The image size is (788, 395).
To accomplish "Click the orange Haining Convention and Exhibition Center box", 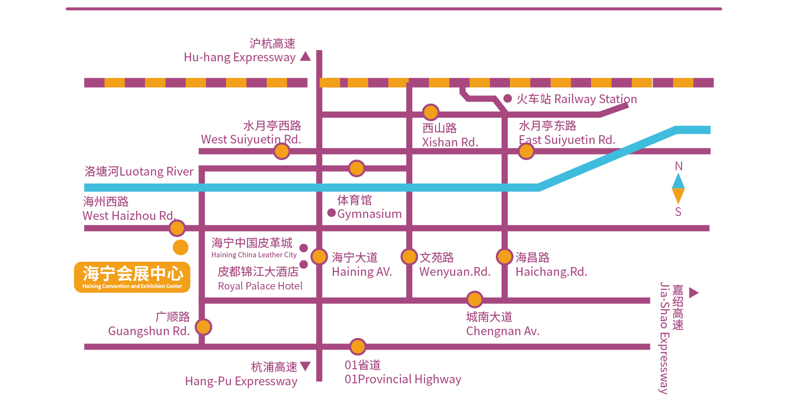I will coord(132,277).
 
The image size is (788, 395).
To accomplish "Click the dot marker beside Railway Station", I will coord(508,98).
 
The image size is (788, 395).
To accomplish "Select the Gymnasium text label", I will coord(369,214).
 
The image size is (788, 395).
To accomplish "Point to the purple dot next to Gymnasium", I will coord(332,213).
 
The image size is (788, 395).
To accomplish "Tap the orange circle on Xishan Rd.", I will coord(430,112).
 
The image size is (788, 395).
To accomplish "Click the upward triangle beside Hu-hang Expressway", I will coord(305,56).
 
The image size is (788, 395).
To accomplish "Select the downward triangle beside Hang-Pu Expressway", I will coord(305,366).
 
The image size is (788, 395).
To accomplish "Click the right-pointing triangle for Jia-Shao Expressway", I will coord(694,292).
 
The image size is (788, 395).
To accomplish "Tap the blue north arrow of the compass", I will coord(678,181).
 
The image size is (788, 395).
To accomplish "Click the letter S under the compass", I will coord(678,212).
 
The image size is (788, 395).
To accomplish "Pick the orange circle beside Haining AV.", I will coord(319,256).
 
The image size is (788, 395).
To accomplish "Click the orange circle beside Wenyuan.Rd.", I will coord(409,256).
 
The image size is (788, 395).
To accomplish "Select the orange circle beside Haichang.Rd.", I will coord(505,256).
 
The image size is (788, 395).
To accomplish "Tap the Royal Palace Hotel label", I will coord(260,286).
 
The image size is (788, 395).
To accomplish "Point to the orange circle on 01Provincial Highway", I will coord(358,347).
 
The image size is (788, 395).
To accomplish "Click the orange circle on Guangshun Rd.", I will coord(203,327).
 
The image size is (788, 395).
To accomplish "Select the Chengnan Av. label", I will coord(503,331).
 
